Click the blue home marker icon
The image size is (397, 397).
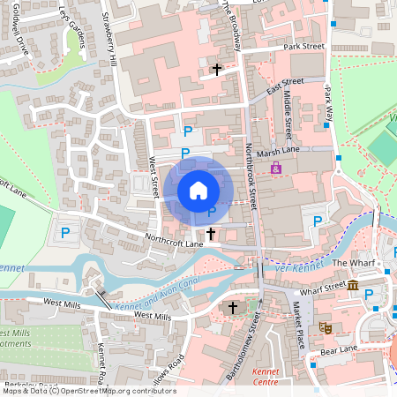(x=198, y=190)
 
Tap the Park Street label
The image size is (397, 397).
(x=304, y=46)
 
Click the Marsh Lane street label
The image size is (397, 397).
(x=280, y=153)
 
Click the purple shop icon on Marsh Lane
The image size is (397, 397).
(x=276, y=167)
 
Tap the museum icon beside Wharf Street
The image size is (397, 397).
(x=353, y=285)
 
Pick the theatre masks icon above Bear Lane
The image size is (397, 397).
(x=325, y=327)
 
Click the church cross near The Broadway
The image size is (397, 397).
(x=216, y=68)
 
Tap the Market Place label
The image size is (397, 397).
(x=298, y=323)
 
